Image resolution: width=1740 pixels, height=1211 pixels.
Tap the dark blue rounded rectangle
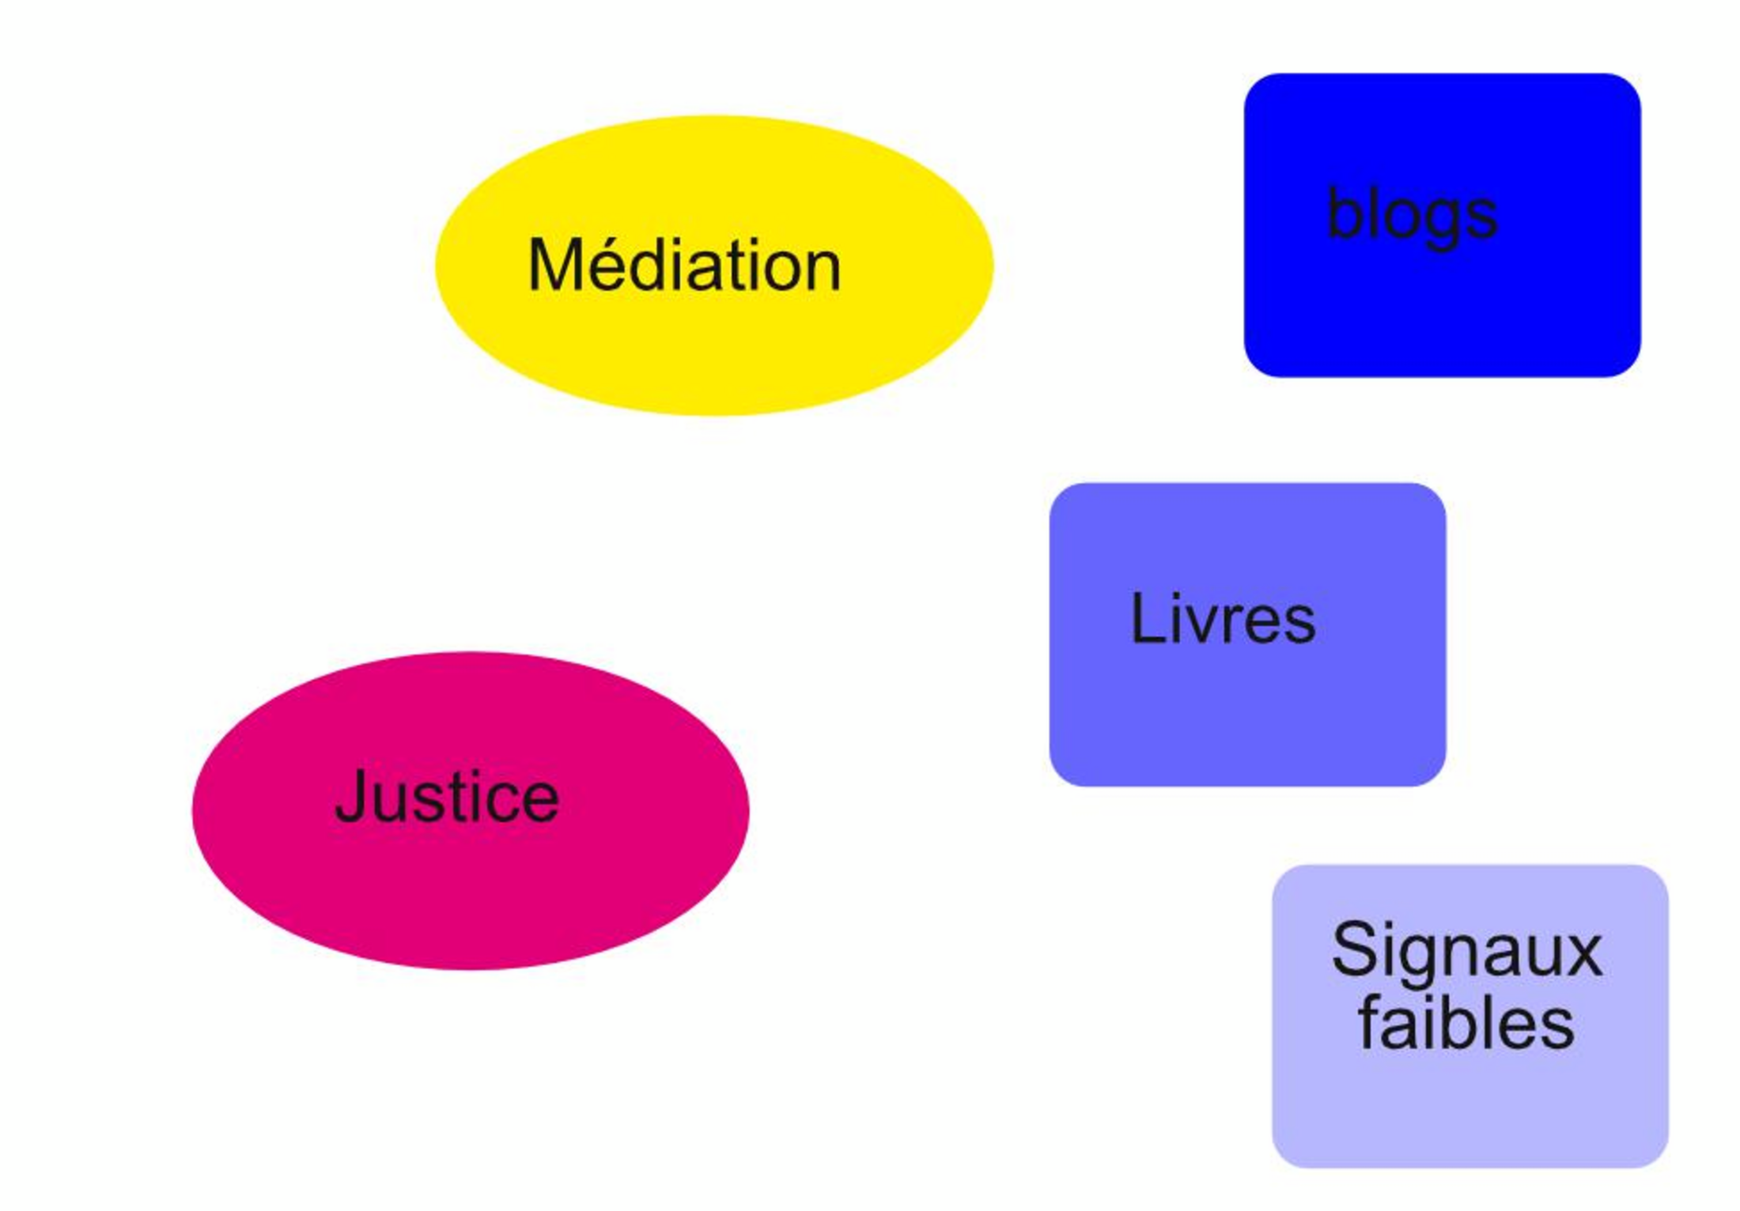tap(1441, 316)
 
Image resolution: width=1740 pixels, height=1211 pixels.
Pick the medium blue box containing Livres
tap(1246, 711)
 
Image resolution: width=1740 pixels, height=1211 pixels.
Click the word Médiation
tap(684, 266)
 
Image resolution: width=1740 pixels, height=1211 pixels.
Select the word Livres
tap(1223, 619)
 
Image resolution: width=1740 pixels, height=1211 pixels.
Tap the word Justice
tap(447, 797)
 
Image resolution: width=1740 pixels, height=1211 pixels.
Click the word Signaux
tap(1466, 950)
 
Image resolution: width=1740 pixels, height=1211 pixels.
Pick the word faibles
tap(1466, 1024)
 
